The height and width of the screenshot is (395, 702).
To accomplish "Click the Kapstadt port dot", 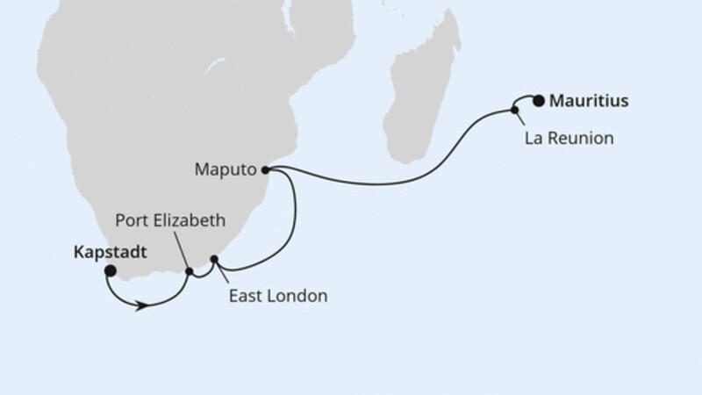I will point(110,270).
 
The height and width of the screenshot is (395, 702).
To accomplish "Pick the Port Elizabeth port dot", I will point(189,272).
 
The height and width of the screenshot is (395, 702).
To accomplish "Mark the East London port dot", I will point(214,259).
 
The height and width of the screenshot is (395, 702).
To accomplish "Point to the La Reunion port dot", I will point(514,110).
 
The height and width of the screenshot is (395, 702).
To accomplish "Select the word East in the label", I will point(246,297).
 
